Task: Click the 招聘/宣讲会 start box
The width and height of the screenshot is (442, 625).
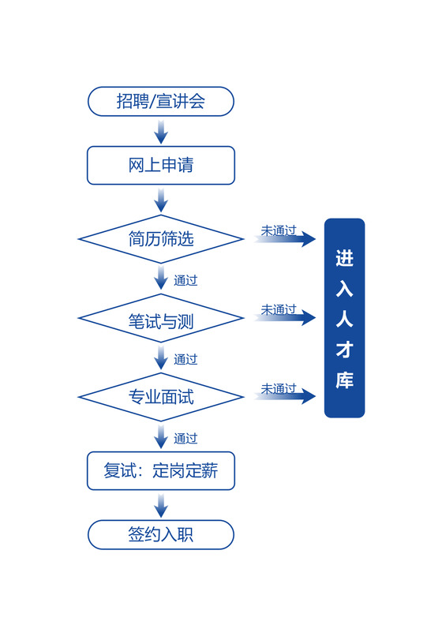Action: [x=161, y=101]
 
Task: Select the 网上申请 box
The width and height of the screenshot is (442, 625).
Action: [x=161, y=165]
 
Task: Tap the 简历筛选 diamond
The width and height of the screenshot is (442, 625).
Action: [x=161, y=238]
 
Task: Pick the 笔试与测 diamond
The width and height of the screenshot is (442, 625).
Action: [x=161, y=318]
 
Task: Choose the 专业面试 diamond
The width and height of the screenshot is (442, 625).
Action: [x=161, y=397]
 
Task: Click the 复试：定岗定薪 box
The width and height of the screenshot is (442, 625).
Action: [x=161, y=471]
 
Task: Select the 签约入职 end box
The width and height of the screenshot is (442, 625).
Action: [x=161, y=534]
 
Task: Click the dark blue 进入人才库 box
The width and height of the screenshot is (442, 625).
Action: [x=344, y=318]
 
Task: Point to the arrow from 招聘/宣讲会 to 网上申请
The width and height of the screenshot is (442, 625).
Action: [x=161, y=132]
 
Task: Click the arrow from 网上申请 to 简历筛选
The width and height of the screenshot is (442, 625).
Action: [x=161, y=200]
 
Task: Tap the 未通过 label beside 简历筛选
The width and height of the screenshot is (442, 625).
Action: [x=279, y=230]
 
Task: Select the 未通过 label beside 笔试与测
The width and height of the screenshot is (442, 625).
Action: [x=279, y=309]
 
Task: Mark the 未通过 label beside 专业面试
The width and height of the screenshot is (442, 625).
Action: [x=279, y=388]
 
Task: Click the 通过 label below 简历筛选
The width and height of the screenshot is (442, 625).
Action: [x=185, y=280]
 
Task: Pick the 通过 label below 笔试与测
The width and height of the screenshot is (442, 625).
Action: [x=185, y=359]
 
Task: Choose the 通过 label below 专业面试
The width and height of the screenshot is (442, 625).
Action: [x=185, y=438]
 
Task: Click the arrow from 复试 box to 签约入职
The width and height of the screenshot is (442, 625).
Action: [x=161, y=506]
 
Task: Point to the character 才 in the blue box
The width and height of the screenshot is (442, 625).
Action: [x=344, y=349]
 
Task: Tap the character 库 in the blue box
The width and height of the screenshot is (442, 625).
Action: [x=344, y=380]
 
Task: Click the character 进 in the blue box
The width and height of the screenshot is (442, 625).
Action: [x=344, y=258]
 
